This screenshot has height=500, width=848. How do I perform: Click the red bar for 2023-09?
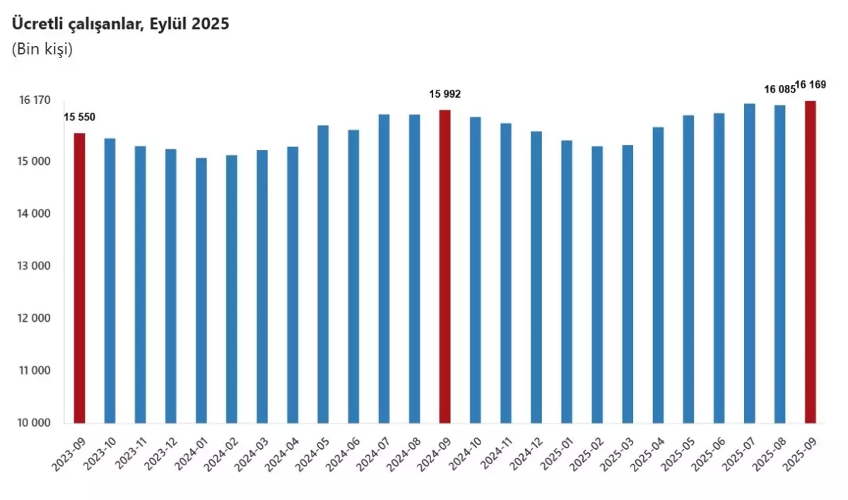pyautogui.click(x=79, y=278)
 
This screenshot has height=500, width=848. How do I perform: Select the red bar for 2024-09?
pyautogui.click(x=445, y=267)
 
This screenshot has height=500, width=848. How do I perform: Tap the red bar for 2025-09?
pyautogui.click(x=811, y=262)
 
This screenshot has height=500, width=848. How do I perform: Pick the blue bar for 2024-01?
pyautogui.click(x=201, y=291)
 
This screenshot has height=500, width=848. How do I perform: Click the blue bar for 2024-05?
pyautogui.click(x=323, y=274)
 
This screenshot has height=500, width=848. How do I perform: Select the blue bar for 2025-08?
pyautogui.click(x=780, y=264)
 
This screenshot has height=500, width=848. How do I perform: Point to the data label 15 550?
pyautogui.click(x=79, y=117)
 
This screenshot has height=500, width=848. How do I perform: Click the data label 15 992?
pyautogui.click(x=445, y=93)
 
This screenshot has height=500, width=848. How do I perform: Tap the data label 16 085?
pyautogui.click(x=779, y=90)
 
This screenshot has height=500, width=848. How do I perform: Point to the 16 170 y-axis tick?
pyautogui.click(x=35, y=100)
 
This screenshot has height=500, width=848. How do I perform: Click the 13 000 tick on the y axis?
pyautogui.click(x=35, y=266)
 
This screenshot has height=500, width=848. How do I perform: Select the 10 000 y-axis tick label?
pyautogui.click(x=35, y=423)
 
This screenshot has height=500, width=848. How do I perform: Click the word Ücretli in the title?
pyautogui.click(x=33, y=23)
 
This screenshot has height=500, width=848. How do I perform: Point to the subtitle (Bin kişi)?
pyautogui.click(x=42, y=50)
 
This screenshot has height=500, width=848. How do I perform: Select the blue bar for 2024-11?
pyautogui.click(x=506, y=273)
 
